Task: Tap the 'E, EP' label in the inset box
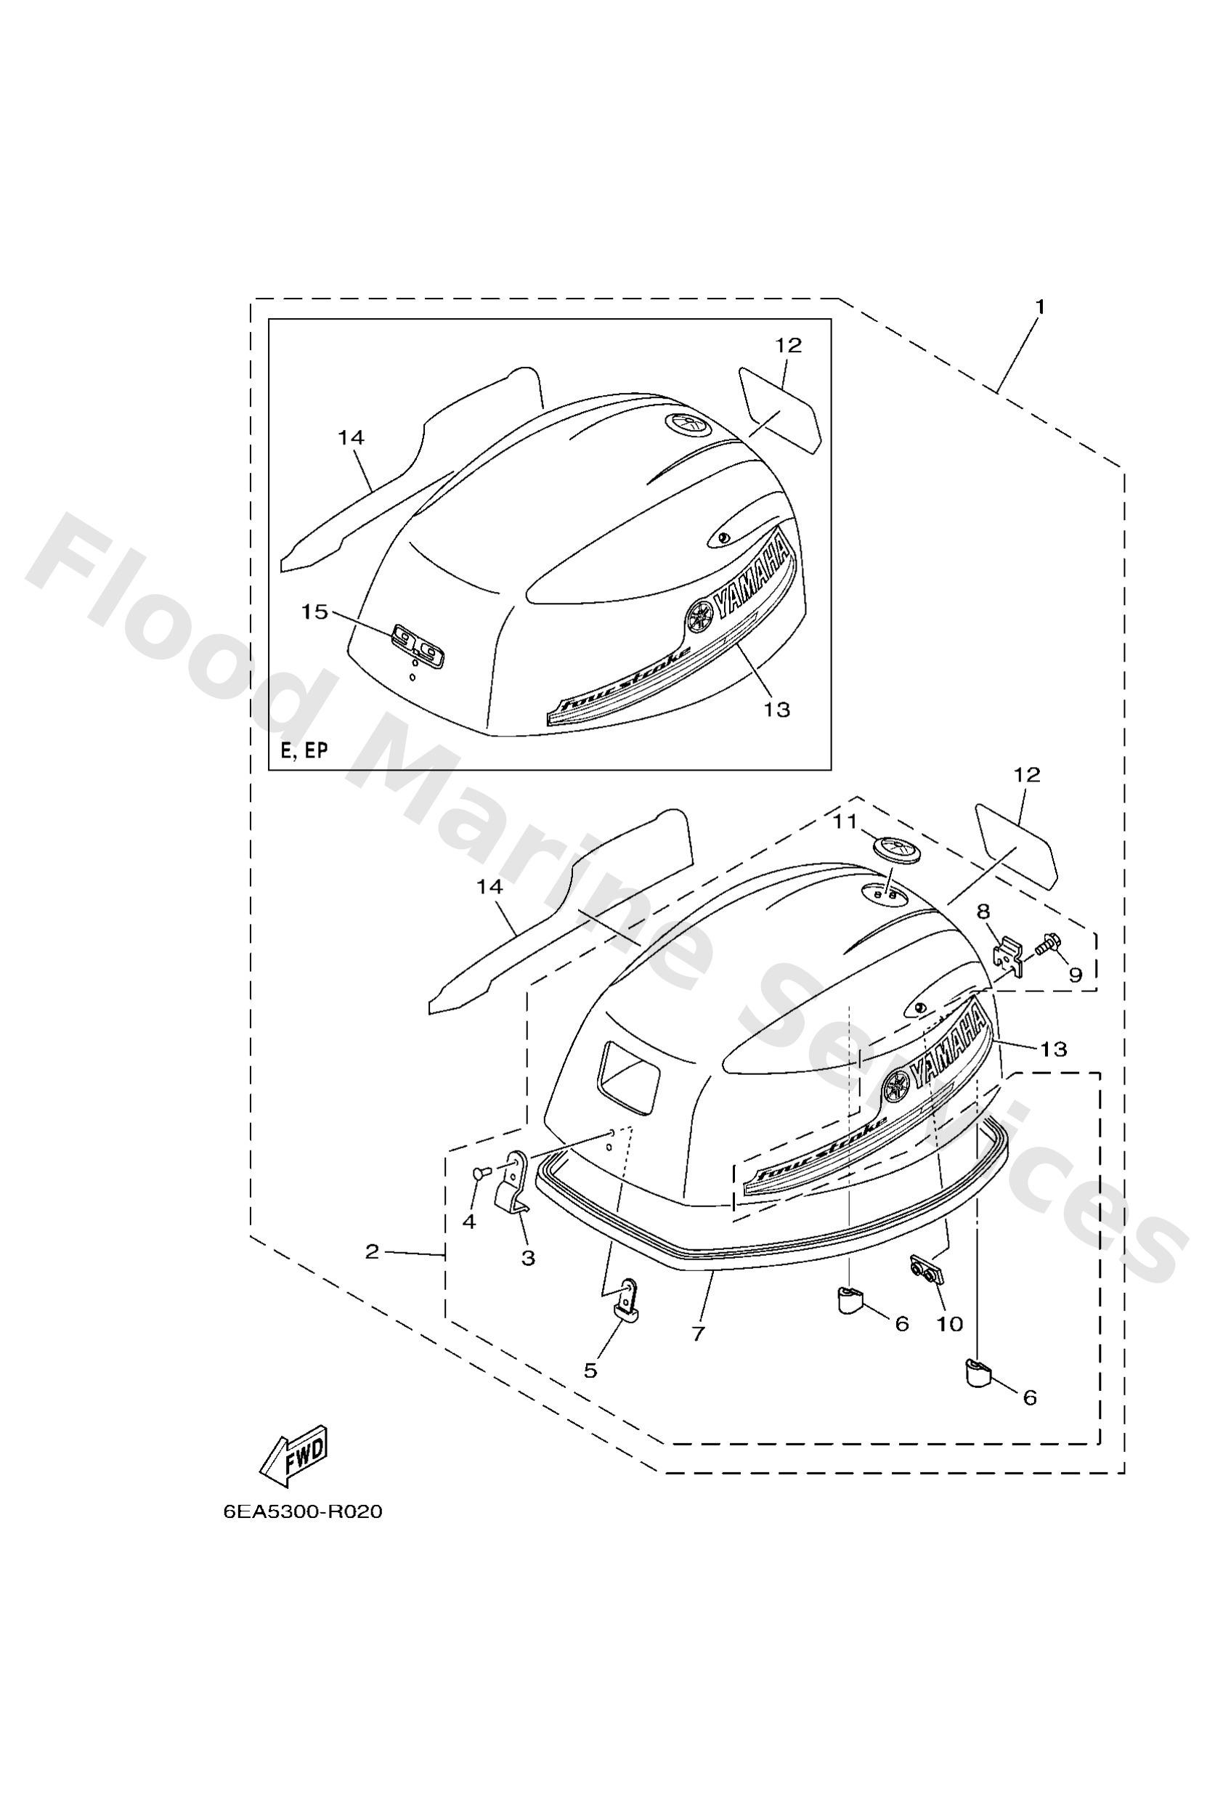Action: click(x=304, y=750)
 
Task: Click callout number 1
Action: click(x=1040, y=307)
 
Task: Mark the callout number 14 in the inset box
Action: click(x=351, y=437)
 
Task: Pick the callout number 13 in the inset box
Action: click(x=776, y=709)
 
